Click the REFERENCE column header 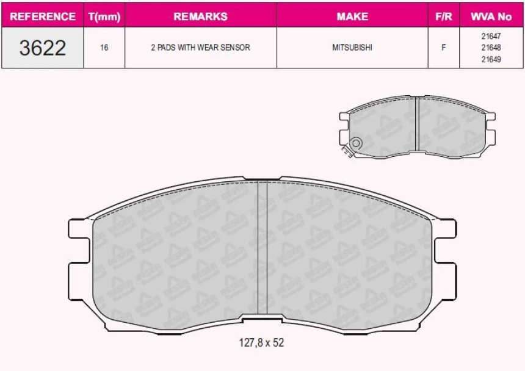(43, 16)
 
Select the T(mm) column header (104, 16)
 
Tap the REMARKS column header (201, 16)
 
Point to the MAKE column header (352, 16)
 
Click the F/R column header (444, 16)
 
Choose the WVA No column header (491, 16)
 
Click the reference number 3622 (43, 48)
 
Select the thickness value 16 (104, 48)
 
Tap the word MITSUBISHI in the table (352, 48)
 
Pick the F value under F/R (444, 48)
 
